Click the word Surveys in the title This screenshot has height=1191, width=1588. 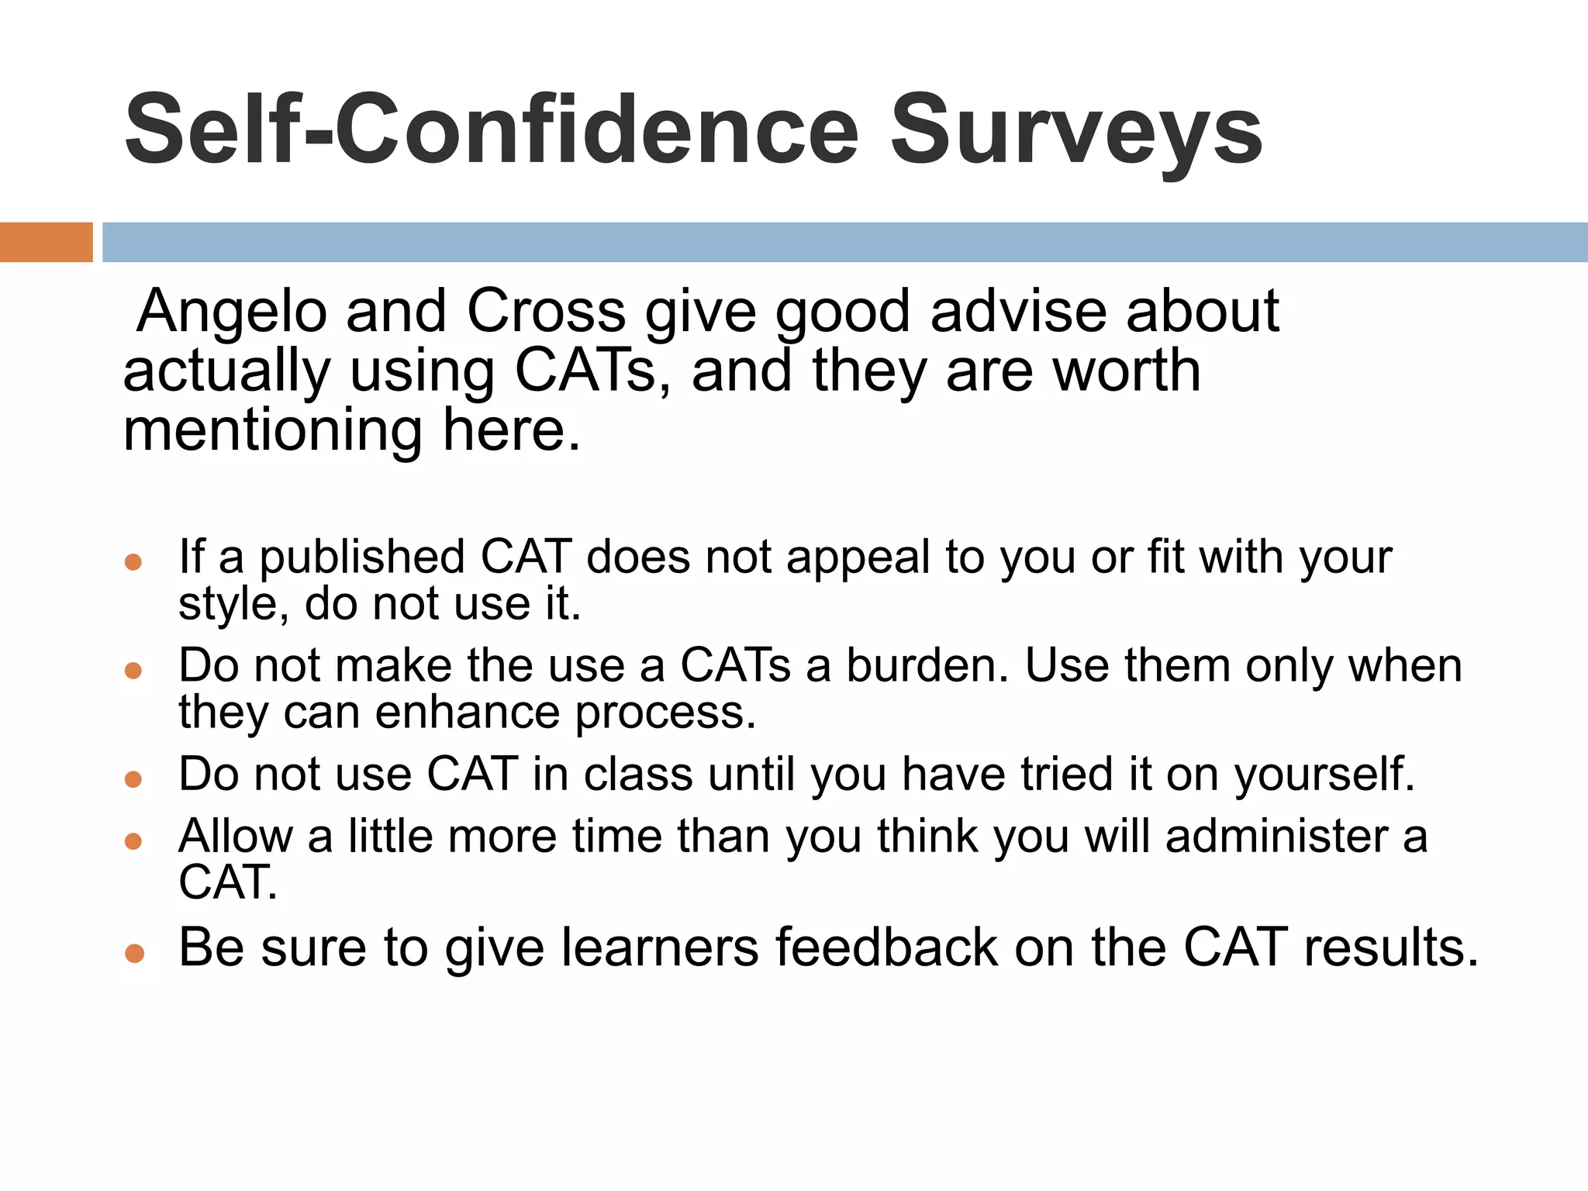pyautogui.click(x=1076, y=130)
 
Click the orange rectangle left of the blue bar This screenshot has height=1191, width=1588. pyautogui.click(x=46, y=242)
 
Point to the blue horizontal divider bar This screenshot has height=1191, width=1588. pyautogui.click(x=844, y=242)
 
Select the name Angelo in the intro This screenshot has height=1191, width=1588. pyautogui.click(x=232, y=312)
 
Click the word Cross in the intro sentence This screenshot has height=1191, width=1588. pyautogui.click(x=546, y=312)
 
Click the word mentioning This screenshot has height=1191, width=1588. pyautogui.click(x=273, y=430)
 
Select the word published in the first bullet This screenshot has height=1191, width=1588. pyautogui.click(x=362, y=557)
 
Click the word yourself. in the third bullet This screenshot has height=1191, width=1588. pyautogui.click(x=1324, y=774)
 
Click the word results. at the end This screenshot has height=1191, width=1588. pyautogui.click(x=1391, y=947)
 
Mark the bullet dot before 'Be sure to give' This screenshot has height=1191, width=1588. pyautogui.click(x=134, y=952)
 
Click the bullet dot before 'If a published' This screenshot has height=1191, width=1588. pyautogui.click(x=133, y=561)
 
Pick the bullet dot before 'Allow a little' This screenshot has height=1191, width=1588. pyautogui.click(x=133, y=841)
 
